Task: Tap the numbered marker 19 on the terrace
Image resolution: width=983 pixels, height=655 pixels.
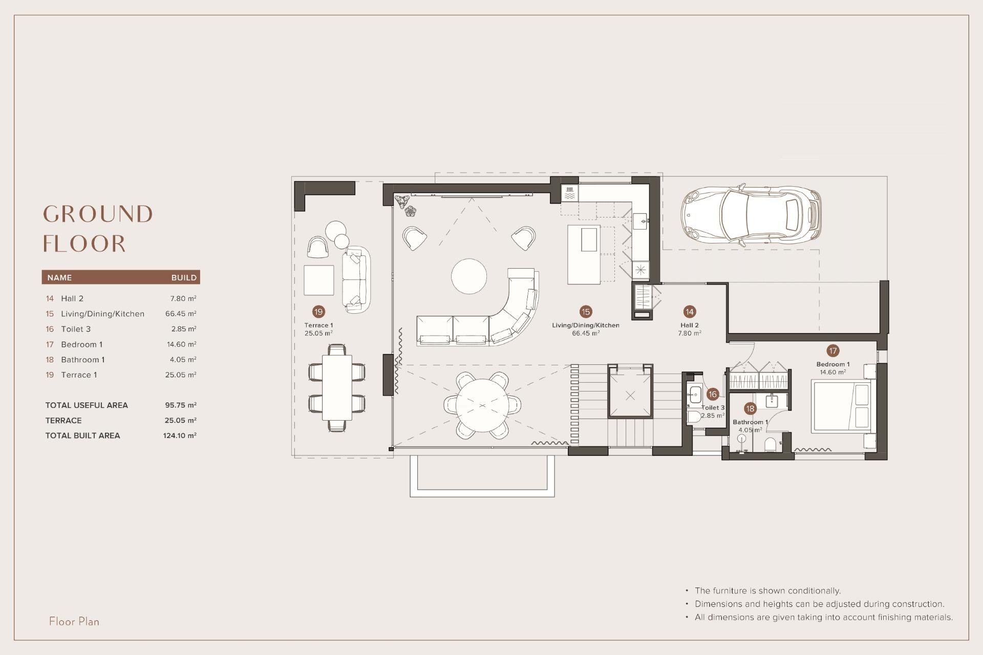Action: [x=318, y=312]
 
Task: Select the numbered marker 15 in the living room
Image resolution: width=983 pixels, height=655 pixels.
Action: [x=586, y=312]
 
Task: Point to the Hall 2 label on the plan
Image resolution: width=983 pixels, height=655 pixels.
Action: [x=689, y=325]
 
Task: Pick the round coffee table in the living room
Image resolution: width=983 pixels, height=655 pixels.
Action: [x=469, y=276]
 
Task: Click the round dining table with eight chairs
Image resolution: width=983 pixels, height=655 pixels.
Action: [x=482, y=405]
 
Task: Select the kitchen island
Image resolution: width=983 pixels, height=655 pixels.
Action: [x=584, y=254]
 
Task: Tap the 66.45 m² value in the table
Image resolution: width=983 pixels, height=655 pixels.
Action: [x=181, y=314]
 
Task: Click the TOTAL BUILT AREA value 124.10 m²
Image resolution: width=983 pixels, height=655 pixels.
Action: [x=180, y=435]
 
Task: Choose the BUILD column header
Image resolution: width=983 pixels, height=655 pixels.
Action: [x=184, y=278]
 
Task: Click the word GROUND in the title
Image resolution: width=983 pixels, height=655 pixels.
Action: [x=98, y=214]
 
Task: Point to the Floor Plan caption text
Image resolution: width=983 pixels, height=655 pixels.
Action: [x=74, y=622]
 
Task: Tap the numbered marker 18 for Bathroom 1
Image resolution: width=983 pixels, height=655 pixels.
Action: [x=750, y=408]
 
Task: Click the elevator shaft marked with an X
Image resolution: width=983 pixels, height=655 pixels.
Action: [x=630, y=396]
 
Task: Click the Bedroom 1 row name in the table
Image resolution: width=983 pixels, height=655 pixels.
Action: [x=82, y=344]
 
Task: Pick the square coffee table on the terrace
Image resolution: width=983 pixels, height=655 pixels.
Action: [x=318, y=280]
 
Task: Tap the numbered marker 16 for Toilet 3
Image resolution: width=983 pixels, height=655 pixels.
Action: [x=712, y=394]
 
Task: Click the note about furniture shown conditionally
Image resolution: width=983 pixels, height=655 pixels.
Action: [x=767, y=591]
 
